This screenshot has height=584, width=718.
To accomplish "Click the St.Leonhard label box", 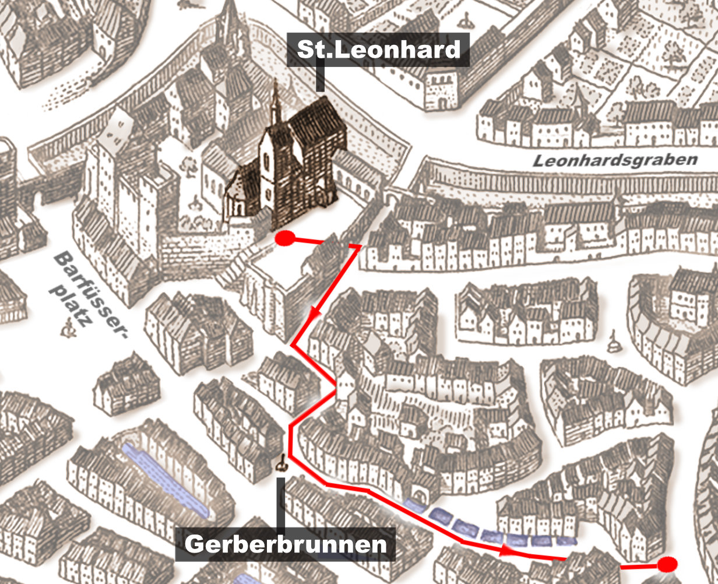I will coord(379,50).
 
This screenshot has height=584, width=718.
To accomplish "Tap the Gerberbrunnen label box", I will coord(285,544).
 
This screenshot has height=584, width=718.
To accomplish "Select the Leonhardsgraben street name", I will coord(615,161).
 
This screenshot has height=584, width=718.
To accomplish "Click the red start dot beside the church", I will coord(285,238).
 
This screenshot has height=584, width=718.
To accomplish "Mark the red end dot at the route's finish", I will coord(667,564).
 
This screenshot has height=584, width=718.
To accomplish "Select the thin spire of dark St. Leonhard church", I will coord(276,102).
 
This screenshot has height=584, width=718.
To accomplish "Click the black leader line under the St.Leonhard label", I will coord(319,79).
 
